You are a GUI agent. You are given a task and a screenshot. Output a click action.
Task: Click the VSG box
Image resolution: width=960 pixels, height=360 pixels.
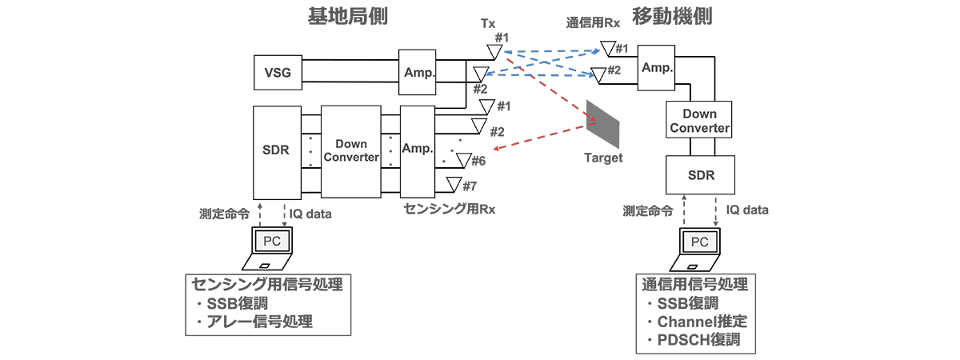(278, 75)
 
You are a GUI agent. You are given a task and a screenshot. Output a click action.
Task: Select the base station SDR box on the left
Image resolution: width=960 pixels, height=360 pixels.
(278, 152)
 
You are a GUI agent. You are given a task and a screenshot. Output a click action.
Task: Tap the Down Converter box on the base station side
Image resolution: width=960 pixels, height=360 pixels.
(350, 151)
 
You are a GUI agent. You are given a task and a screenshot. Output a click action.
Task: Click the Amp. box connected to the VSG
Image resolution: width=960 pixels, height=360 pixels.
(419, 72)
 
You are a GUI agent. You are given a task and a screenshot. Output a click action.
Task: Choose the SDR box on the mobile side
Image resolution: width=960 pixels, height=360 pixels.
(700, 174)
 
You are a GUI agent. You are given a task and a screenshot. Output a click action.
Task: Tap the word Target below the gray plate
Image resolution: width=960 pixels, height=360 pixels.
(603, 158)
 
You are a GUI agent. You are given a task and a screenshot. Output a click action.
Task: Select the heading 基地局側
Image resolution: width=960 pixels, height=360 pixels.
(347, 16)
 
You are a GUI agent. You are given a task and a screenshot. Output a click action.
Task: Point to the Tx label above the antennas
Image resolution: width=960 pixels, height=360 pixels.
(488, 24)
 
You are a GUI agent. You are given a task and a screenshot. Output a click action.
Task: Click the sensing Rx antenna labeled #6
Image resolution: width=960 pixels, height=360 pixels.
(461, 160)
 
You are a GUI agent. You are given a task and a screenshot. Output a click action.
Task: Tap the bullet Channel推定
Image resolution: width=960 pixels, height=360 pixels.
(700, 322)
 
